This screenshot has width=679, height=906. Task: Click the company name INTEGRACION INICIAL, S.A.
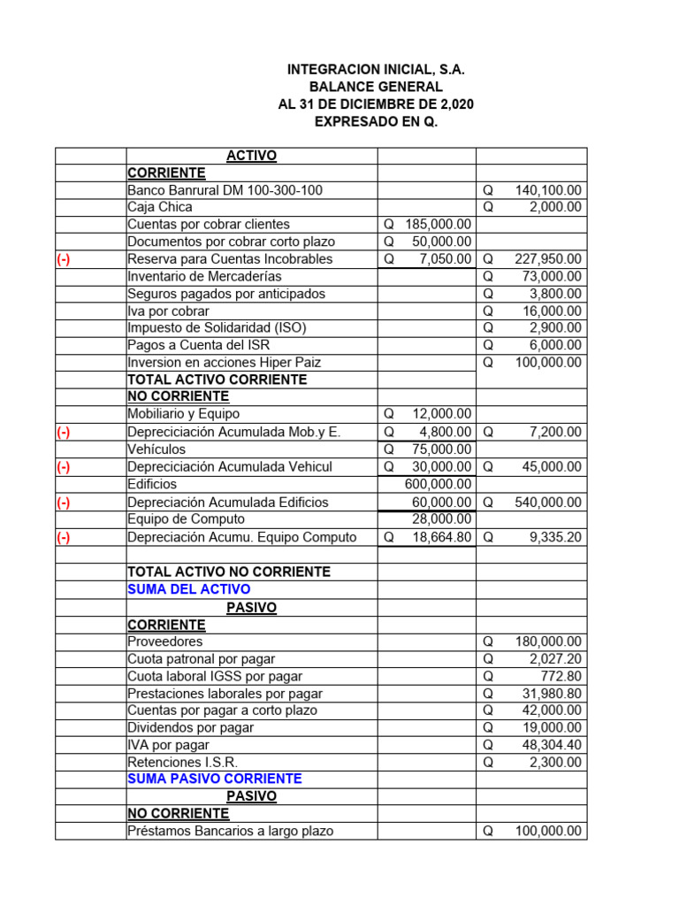pyautogui.click(x=376, y=70)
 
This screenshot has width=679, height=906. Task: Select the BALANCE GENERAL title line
pyautogui.click(x=376, y=87)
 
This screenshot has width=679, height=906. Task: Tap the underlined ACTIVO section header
pyautogui.click(x=251, y=156)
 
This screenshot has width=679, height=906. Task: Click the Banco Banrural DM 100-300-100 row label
pyautogui.click(x=225, y=190)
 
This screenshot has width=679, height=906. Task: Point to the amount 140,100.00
pyautogui.click(x=547, y=190)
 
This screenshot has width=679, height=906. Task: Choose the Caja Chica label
pyautogui.click(x=160, y=207)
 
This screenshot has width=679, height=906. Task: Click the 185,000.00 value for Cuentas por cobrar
pyautogui.click(x=438, y=225)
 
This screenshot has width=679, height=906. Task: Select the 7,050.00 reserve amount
pyautogui.click(x=446, y=259)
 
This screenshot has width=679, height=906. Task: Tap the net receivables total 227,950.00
pyautogui.click(x=547, y=259)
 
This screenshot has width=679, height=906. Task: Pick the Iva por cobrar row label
pyautogui.click(x=168, y=311)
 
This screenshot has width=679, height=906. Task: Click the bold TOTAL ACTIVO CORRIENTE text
pyautogui.click(x=217, y=380)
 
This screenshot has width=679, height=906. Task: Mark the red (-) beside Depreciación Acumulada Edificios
pyautogui.click(x=64, y=503)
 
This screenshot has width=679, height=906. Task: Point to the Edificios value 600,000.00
pyautogui.click(x=438, y=484)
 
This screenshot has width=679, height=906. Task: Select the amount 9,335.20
pyautogui.click(x=554, y=537)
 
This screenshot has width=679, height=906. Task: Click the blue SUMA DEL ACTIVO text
pyautogui.click(x=188, y=589)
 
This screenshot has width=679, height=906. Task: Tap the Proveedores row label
pyautogui.click(x=164, y=641)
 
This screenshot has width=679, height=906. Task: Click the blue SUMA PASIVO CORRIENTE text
pyautogui.click(x=215, y=779)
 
